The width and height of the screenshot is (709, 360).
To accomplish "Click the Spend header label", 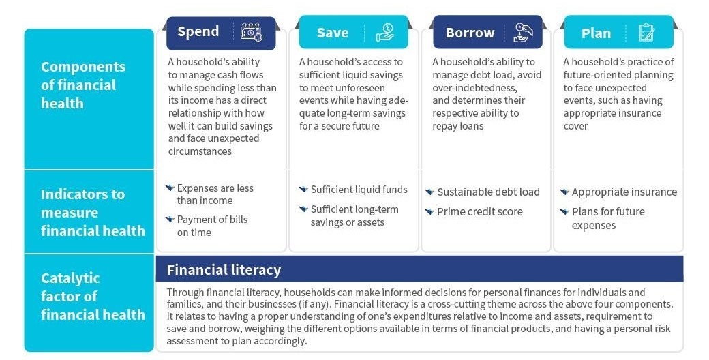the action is tap(198, 31).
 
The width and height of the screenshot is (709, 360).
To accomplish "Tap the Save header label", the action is tap(333, 33).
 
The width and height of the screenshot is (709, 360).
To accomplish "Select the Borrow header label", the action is tap(470, 33).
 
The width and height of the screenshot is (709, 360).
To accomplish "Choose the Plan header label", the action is tap(596, 33).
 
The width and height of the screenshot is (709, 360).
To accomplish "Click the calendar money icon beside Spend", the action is tap(251, 31).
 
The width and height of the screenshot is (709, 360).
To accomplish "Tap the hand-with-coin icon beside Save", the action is tap(384, 33).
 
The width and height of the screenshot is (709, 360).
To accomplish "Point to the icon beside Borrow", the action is tap(523, 33).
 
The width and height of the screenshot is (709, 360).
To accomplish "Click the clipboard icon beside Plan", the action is tap(646, 33).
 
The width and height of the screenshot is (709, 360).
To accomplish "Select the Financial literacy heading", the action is tap(224, 270).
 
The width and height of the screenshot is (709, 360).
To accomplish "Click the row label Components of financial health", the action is tap(83, 85).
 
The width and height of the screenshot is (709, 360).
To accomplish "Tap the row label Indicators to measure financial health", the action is tap(93, 213).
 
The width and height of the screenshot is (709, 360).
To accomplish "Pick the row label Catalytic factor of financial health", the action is tap(93, 296).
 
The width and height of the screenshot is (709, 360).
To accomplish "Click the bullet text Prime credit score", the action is tap(480, 211).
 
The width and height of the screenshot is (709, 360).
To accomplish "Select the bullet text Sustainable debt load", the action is tap(488, 192).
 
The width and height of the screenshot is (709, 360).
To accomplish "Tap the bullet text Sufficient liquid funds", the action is tap(359, 190).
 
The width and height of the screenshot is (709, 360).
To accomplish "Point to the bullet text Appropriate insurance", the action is tap(624, 192).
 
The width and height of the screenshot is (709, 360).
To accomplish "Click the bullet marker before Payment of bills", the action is tap(170, 220).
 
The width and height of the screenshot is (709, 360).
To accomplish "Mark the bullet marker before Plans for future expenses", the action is tap(564, 211).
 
